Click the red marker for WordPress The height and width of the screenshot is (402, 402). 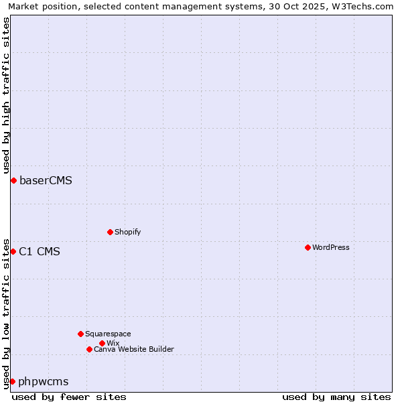308,247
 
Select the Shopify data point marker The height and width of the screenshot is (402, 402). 110,232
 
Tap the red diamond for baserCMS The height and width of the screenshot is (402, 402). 13,180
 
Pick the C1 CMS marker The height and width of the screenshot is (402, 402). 13,251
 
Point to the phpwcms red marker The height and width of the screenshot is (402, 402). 12,381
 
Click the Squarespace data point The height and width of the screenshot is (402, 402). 80,334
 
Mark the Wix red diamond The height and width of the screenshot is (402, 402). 102,343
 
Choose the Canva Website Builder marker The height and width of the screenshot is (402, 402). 89,349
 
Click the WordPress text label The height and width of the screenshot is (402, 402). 331,247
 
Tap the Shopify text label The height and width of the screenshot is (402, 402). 128,232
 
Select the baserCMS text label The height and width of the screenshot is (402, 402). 46,180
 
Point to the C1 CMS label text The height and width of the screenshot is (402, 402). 40,251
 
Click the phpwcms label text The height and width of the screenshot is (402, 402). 44,381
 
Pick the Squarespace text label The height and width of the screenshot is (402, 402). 108,334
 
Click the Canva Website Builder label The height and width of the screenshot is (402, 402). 134,349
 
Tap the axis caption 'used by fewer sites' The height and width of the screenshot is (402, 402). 69,397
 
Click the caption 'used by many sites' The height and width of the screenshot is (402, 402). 336,397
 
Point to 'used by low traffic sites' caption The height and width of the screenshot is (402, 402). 6,313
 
